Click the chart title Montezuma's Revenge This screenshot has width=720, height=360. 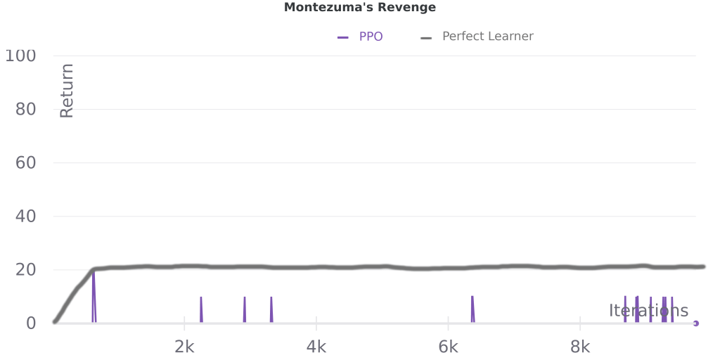point(359,8)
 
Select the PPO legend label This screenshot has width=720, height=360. point(371,37)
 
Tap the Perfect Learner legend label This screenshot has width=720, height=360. point(487,37)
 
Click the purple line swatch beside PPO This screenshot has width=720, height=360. point(343,37)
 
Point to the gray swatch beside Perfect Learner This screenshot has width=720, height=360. point(426,37)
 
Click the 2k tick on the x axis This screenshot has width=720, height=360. point(184,346)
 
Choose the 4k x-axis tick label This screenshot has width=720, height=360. point(316,346)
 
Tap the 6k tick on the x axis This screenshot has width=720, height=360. point(448,346)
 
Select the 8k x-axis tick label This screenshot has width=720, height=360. point(580,346)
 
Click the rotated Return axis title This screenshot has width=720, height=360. point(67,90)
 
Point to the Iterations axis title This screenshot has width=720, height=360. point(648,311)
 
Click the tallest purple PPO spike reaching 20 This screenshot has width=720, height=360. point(94,281)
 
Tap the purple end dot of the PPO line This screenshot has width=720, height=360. point(695,323)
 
